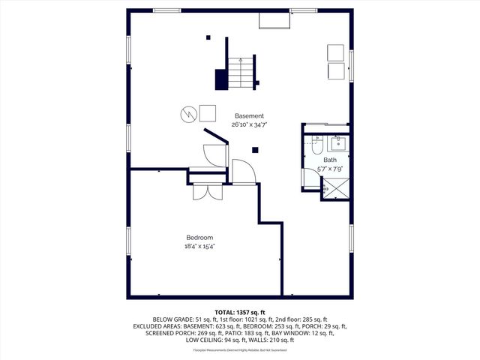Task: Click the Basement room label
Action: tap(249, 115)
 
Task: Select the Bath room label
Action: tap(330, 160)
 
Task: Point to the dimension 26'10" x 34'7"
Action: tap(249, 125)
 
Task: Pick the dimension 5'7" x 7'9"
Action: tap(330, 169)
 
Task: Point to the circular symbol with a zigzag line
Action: tap(187, 113)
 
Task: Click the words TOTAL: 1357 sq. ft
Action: tap(240, 311)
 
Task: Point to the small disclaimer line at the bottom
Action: tap(240, 350)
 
